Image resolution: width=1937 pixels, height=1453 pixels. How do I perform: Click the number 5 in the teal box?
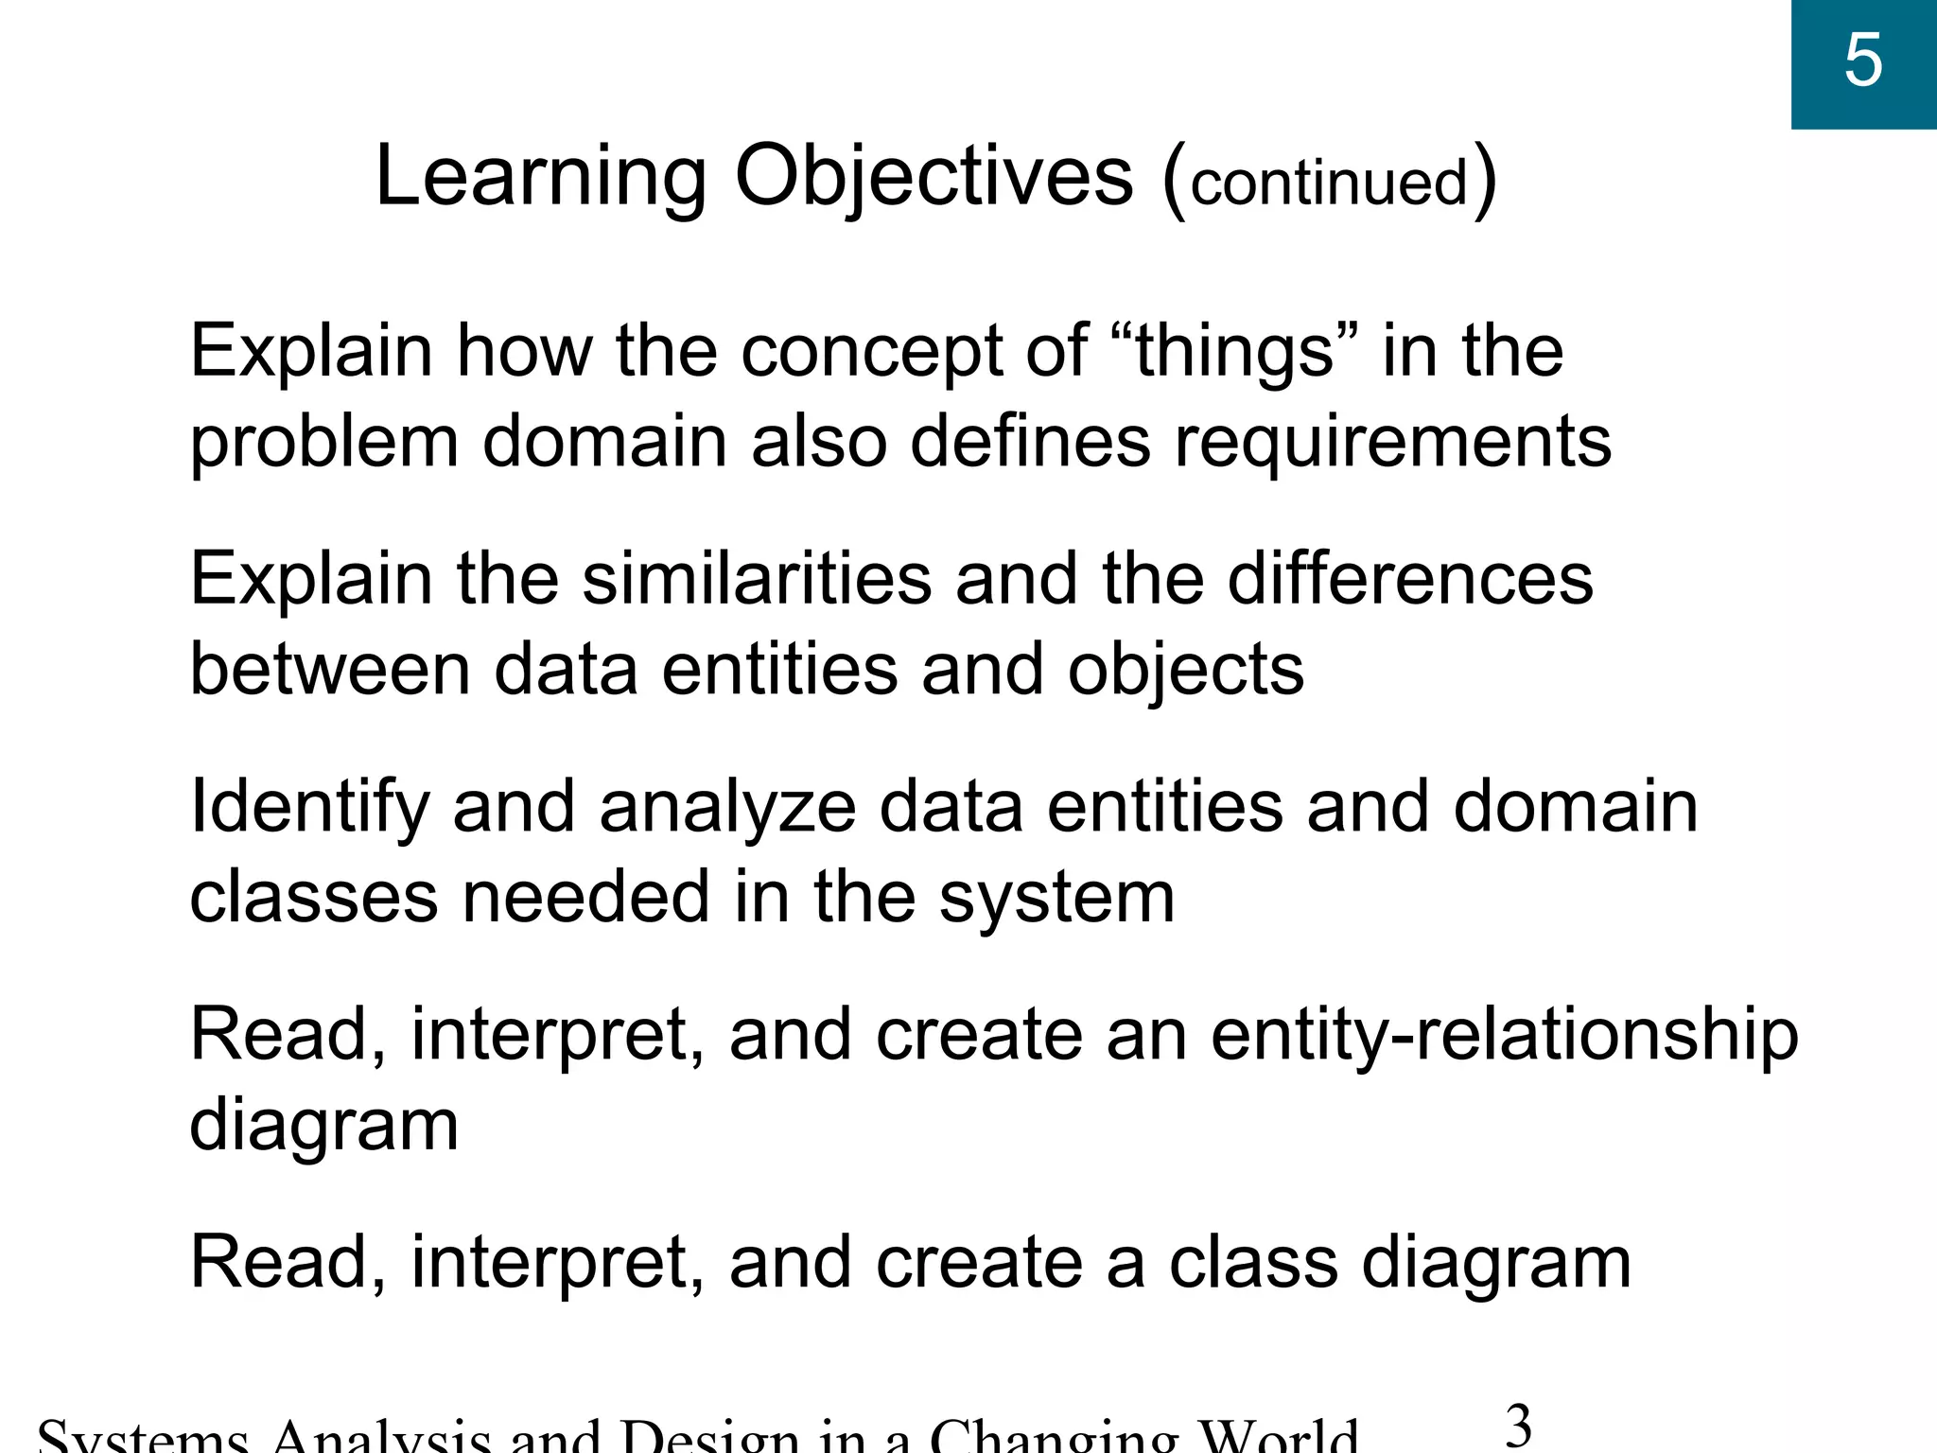[1862, 61]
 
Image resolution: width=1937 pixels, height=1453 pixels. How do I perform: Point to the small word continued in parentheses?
[1329, 183]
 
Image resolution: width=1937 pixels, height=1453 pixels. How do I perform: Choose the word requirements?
[1392, 443]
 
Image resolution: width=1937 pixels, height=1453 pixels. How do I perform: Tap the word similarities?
[757, 579]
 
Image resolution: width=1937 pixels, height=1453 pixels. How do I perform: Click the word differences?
[1409, 579]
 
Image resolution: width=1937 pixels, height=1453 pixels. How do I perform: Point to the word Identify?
[309, 808]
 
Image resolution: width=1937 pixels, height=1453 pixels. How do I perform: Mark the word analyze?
[727, 808]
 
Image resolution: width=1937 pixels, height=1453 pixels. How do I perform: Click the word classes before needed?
[313, 897]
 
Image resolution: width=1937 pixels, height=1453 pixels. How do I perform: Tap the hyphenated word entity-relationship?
[1504, 1035]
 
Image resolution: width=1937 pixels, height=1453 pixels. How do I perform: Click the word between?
[330, 670]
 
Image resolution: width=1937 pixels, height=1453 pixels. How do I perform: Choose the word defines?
[1030, 443]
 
